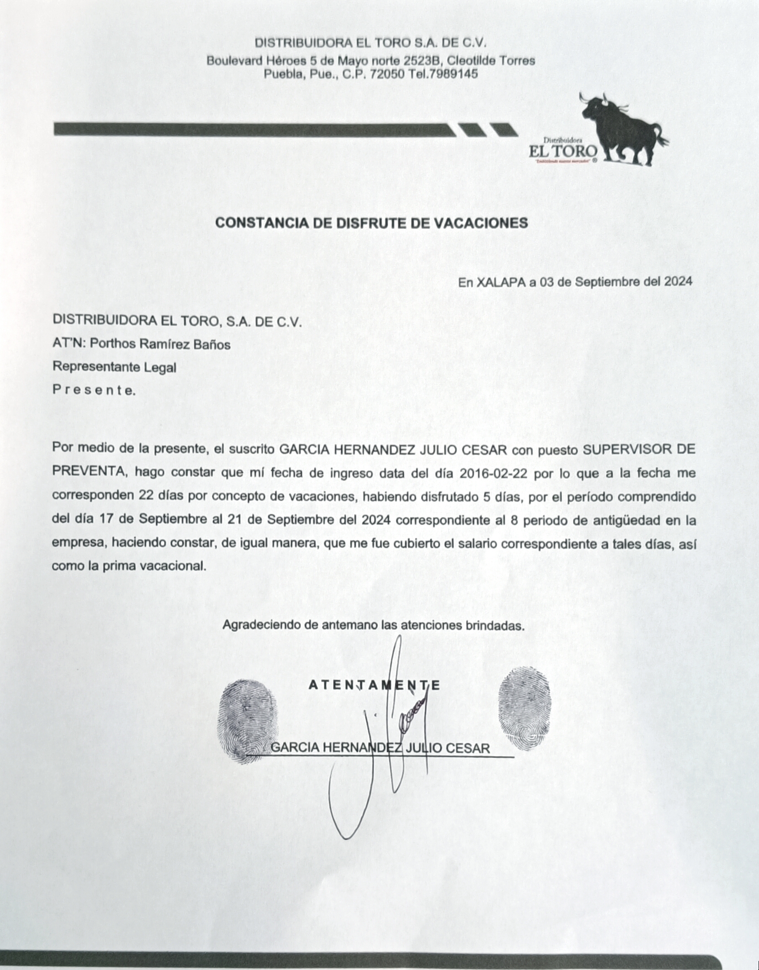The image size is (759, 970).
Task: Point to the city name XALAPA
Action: click(x=501, y=282)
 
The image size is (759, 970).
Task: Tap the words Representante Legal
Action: click(x=114, y=367)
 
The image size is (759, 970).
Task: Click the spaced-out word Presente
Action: click(x=93, y=391)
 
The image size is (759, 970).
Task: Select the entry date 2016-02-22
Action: click(x=493, y=473)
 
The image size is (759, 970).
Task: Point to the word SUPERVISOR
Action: click(x=626, y=449)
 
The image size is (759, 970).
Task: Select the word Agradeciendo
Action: click(x=262, y=625)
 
